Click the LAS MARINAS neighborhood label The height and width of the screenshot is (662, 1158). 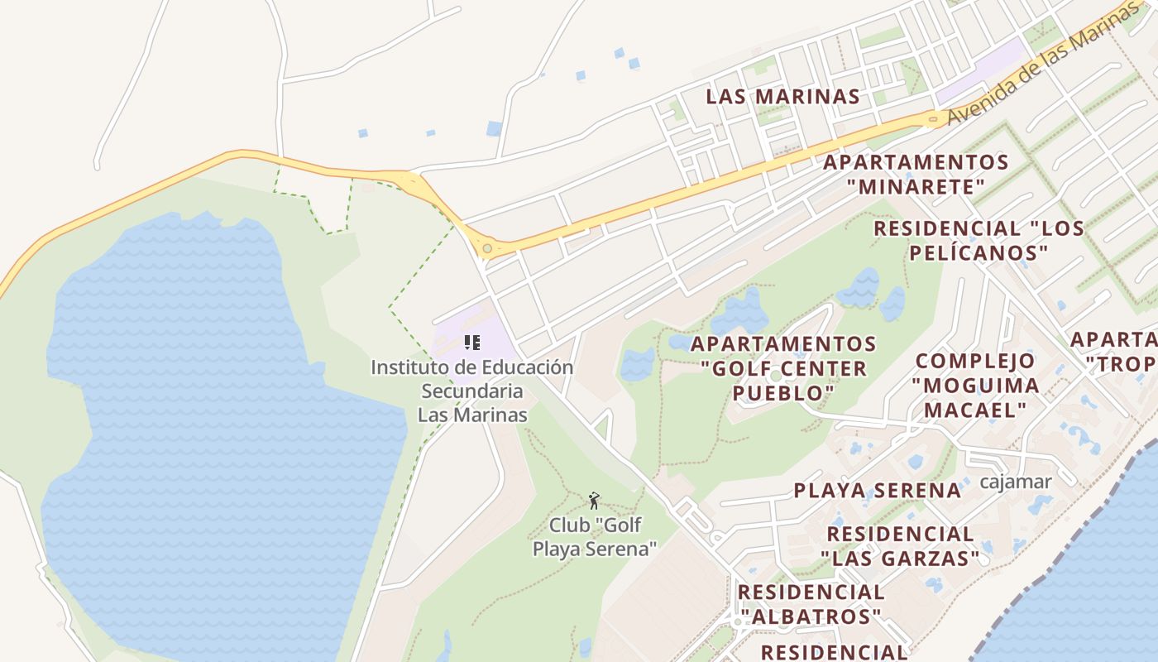pos(782,96)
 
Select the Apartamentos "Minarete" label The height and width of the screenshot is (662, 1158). pos(916,174)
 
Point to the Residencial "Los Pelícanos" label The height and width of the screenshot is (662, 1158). pos(979,240)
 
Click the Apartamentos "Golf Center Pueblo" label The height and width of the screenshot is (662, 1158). pos(783,368)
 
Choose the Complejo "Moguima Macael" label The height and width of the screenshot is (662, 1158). pos(975,385)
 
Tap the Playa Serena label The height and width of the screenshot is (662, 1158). pos(878,490)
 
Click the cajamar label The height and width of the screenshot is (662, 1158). pos(1015,482)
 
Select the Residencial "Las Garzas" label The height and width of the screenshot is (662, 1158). pos(900,546)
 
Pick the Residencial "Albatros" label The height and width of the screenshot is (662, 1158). pos(811,604)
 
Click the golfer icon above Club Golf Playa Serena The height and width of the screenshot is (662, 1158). pos(594,500)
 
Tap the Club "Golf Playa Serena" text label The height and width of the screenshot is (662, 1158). pos(595,536)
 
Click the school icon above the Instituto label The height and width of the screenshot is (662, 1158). pos(472,342)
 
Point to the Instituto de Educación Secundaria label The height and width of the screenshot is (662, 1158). pos(472,391)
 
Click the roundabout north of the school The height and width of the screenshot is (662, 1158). pos(487,247)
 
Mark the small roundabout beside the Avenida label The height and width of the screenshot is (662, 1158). pos(934,120)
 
